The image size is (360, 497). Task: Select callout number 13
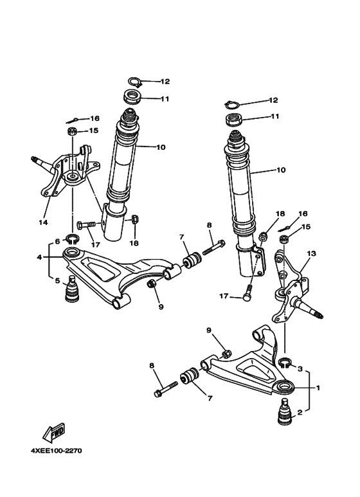[x=312, y=253]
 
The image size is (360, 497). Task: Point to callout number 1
[x=317, y=388]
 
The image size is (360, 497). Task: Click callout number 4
[x=39, y=257]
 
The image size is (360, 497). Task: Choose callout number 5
[x=57, y=280]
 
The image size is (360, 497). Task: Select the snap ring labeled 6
[x=73, y=242]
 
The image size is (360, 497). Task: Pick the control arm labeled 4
[x=116, y=273]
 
